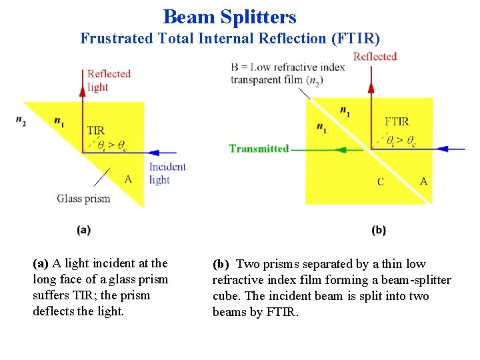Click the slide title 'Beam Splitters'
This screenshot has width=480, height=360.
pyautogui.click(x=230, y=16)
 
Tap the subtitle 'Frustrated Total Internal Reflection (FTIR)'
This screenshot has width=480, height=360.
pyautogui.click(x=230, y=39)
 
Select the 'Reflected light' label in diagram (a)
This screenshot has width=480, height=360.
pyautogui.click(x=109, y=80)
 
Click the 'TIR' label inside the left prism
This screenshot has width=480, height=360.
pyautogui.click(x=95, y=130)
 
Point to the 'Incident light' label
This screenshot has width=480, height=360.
pyautogui.click(x=167, y=173)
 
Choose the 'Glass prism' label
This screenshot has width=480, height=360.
pyautogui.click(x=83, y=198)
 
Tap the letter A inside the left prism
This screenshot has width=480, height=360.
pyautogui.click(x=129, y=178)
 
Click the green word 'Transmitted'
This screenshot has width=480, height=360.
pyautogui.click(x=259, y=149)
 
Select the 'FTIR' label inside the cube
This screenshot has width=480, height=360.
pyautogui.click(x=397, y=121)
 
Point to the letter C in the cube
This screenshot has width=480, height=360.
pyautogui.click(x=381, y=181)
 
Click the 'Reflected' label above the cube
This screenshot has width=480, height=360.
pyautogui.click(x=375, y=57)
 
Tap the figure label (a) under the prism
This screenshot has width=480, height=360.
pyautogui.click(x=84, y=230)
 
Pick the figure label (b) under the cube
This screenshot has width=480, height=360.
pyautogui.click(x=379, y=230)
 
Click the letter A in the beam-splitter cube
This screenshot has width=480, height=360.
pyautogui.click(x=423, y=181)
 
